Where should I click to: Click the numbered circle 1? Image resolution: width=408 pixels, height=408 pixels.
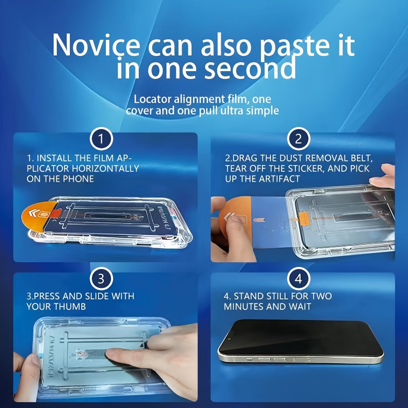point(101,139)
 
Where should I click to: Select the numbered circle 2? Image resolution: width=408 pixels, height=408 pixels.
point(298,139)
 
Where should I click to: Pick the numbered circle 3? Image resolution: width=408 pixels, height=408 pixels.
point(101,279)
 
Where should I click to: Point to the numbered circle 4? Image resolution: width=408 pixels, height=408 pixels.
point(298,279)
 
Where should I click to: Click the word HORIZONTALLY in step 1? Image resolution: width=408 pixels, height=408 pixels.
point(105,169)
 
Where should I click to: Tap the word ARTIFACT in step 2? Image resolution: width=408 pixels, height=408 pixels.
point(279,179)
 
